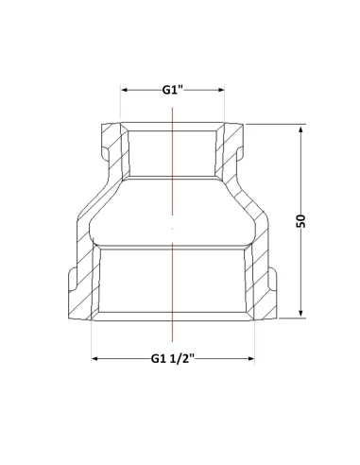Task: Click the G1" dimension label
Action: pos(172,90)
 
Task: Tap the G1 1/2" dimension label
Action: pos(173,358)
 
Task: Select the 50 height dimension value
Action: pos(300,221)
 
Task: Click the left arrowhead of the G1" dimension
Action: pos(124,90)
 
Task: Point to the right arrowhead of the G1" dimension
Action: pos(221,90)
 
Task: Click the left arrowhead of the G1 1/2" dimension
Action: pos(94,358)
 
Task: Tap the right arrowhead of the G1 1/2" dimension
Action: pos(251,358)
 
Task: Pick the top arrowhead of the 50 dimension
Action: pos(300,129)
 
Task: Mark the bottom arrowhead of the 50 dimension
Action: pos(300,312)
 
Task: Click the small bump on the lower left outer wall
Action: pos(73,280)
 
